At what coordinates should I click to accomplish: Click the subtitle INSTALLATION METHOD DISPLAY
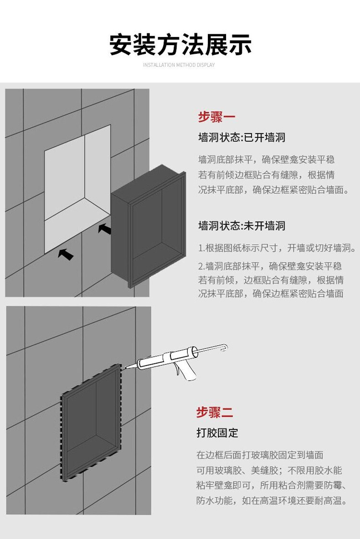pyautogui.click(x=179, y=65)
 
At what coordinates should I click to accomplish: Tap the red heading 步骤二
pyautogui.click(x=215, y=412)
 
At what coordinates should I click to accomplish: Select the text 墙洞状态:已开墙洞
pyautogui.click(x=242, y=137)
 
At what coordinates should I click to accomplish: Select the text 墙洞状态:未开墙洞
pyautogui.click(x=242, y=226)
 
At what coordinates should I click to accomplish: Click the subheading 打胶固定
pyautogui.click(x=217, y=433)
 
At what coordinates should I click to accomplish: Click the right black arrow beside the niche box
pyautogui.click(x=105, y=228)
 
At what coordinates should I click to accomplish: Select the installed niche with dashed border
pyautogui.click(x=92, y=422)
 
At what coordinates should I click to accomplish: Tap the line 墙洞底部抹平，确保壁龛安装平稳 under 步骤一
pyautogui.click(x=266, y=160)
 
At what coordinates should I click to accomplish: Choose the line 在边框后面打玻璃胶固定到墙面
pyautogui.click(x=260, y=455)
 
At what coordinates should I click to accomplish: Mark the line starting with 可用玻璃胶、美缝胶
pyautogui.click(x=269, y=471)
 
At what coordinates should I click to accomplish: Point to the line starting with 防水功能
pyautogui.click(x=273, y=501)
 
